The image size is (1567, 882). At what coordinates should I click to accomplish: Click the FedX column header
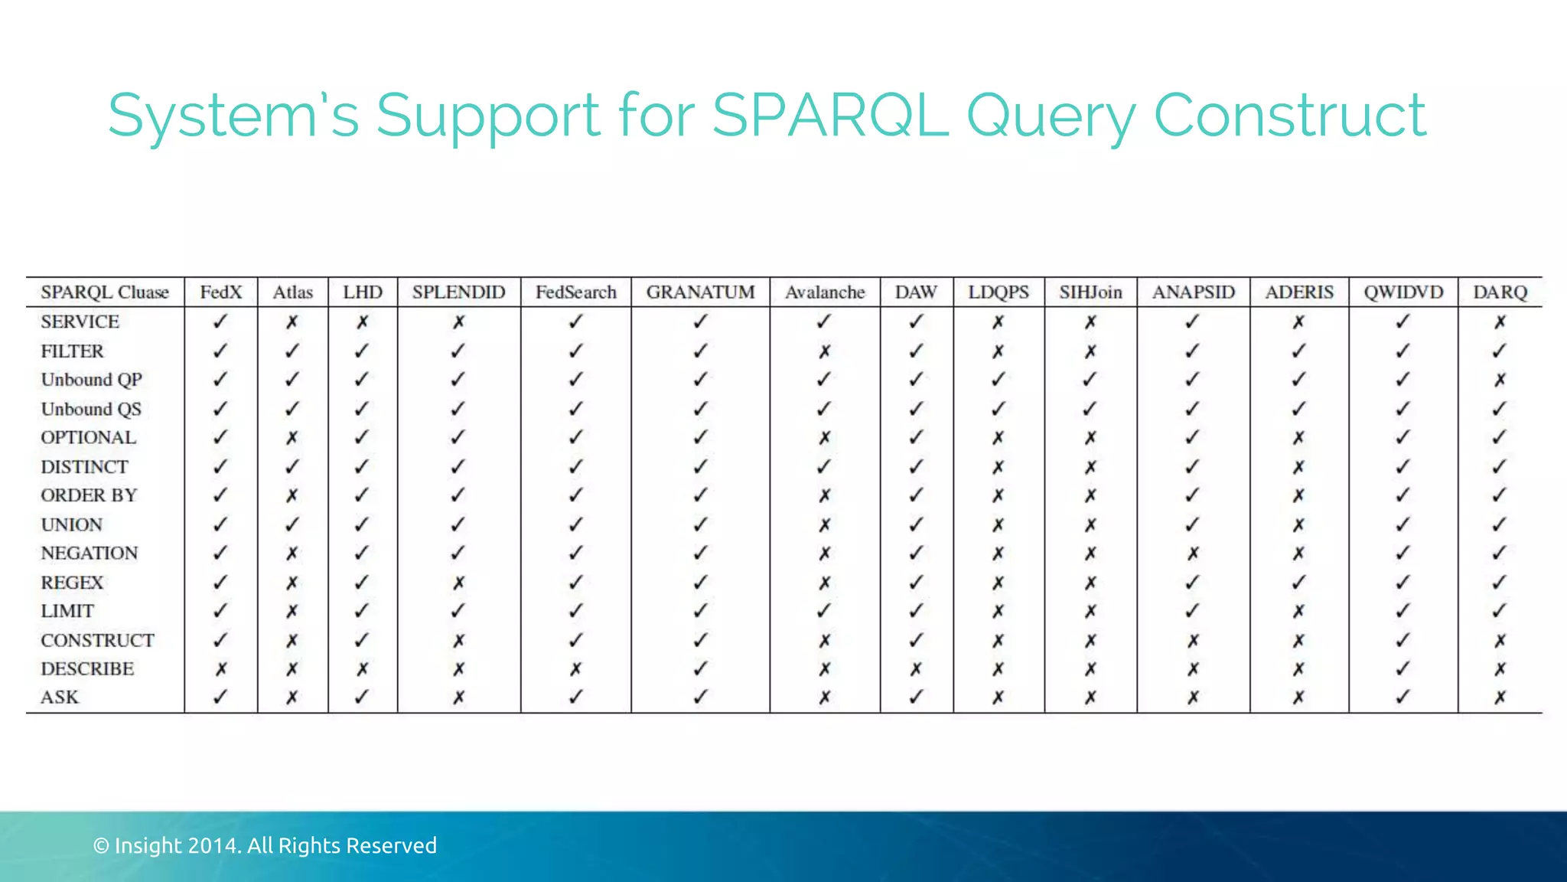(221, 292)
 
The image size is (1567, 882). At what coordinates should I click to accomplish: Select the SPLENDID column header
(458, 292)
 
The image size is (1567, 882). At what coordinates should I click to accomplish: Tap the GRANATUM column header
(700, 292)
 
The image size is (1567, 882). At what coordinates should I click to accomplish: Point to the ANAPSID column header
(1194, 292)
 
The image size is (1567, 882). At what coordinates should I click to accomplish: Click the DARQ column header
(1500, 292)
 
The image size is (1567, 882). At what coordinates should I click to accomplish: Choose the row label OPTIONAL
(89, 438)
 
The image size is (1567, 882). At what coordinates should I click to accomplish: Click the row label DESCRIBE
(87, 669)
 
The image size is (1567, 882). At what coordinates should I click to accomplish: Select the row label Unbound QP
(92, 380)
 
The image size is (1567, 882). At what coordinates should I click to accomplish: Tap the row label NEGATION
(90, 554)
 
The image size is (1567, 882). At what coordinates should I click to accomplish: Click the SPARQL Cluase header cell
(105, 292)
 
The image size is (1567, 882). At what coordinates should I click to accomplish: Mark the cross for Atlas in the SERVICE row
(292, 322)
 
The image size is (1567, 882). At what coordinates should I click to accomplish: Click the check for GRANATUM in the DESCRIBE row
(700, 669)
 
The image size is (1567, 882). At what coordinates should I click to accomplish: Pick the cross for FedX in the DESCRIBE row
(221, 669)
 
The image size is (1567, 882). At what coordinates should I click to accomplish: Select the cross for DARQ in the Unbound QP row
(1500, 380)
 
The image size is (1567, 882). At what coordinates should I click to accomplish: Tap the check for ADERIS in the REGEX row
(1298, 583)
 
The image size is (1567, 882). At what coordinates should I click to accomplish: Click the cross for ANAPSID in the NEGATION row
(1193, 554)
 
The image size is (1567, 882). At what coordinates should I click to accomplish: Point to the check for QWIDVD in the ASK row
(1402, 697)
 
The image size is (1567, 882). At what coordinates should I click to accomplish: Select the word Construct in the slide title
(1289, 115)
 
